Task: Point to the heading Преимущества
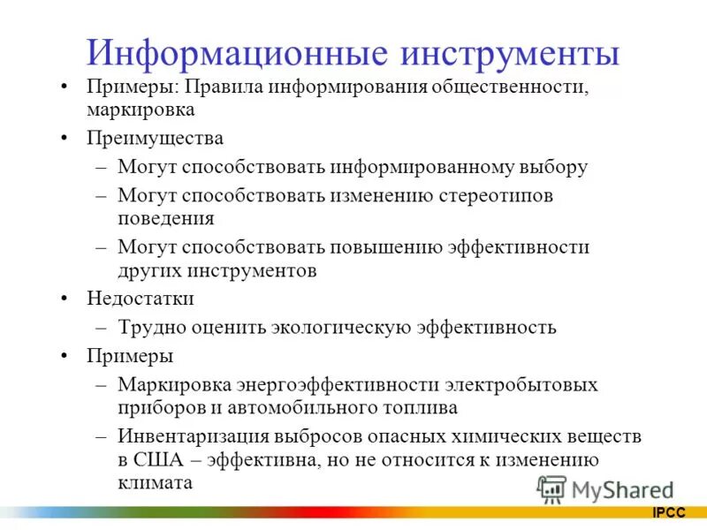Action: (155, 139)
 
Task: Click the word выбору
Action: (551, 166)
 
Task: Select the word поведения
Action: (166, 217)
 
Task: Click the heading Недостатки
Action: (140, 299)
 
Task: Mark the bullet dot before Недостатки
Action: (65, 299)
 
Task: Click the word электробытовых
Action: (521, 385)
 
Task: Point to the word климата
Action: (155, 482)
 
